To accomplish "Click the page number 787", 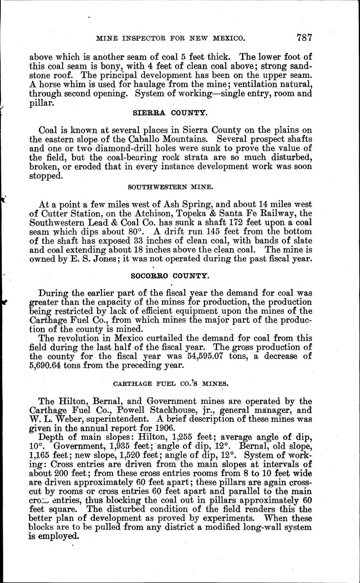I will tap(304, 38).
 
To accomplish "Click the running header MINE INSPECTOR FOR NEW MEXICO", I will tap(170, 38).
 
